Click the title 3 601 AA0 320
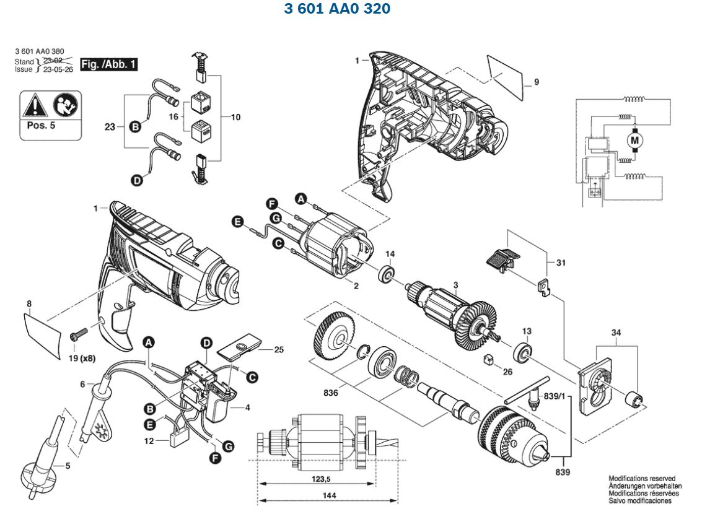coord(337,9)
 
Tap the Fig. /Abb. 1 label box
coord(110,64)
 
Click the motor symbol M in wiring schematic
coord(634,141)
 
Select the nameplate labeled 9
coord(505,75)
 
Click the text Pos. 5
coord(40,124)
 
